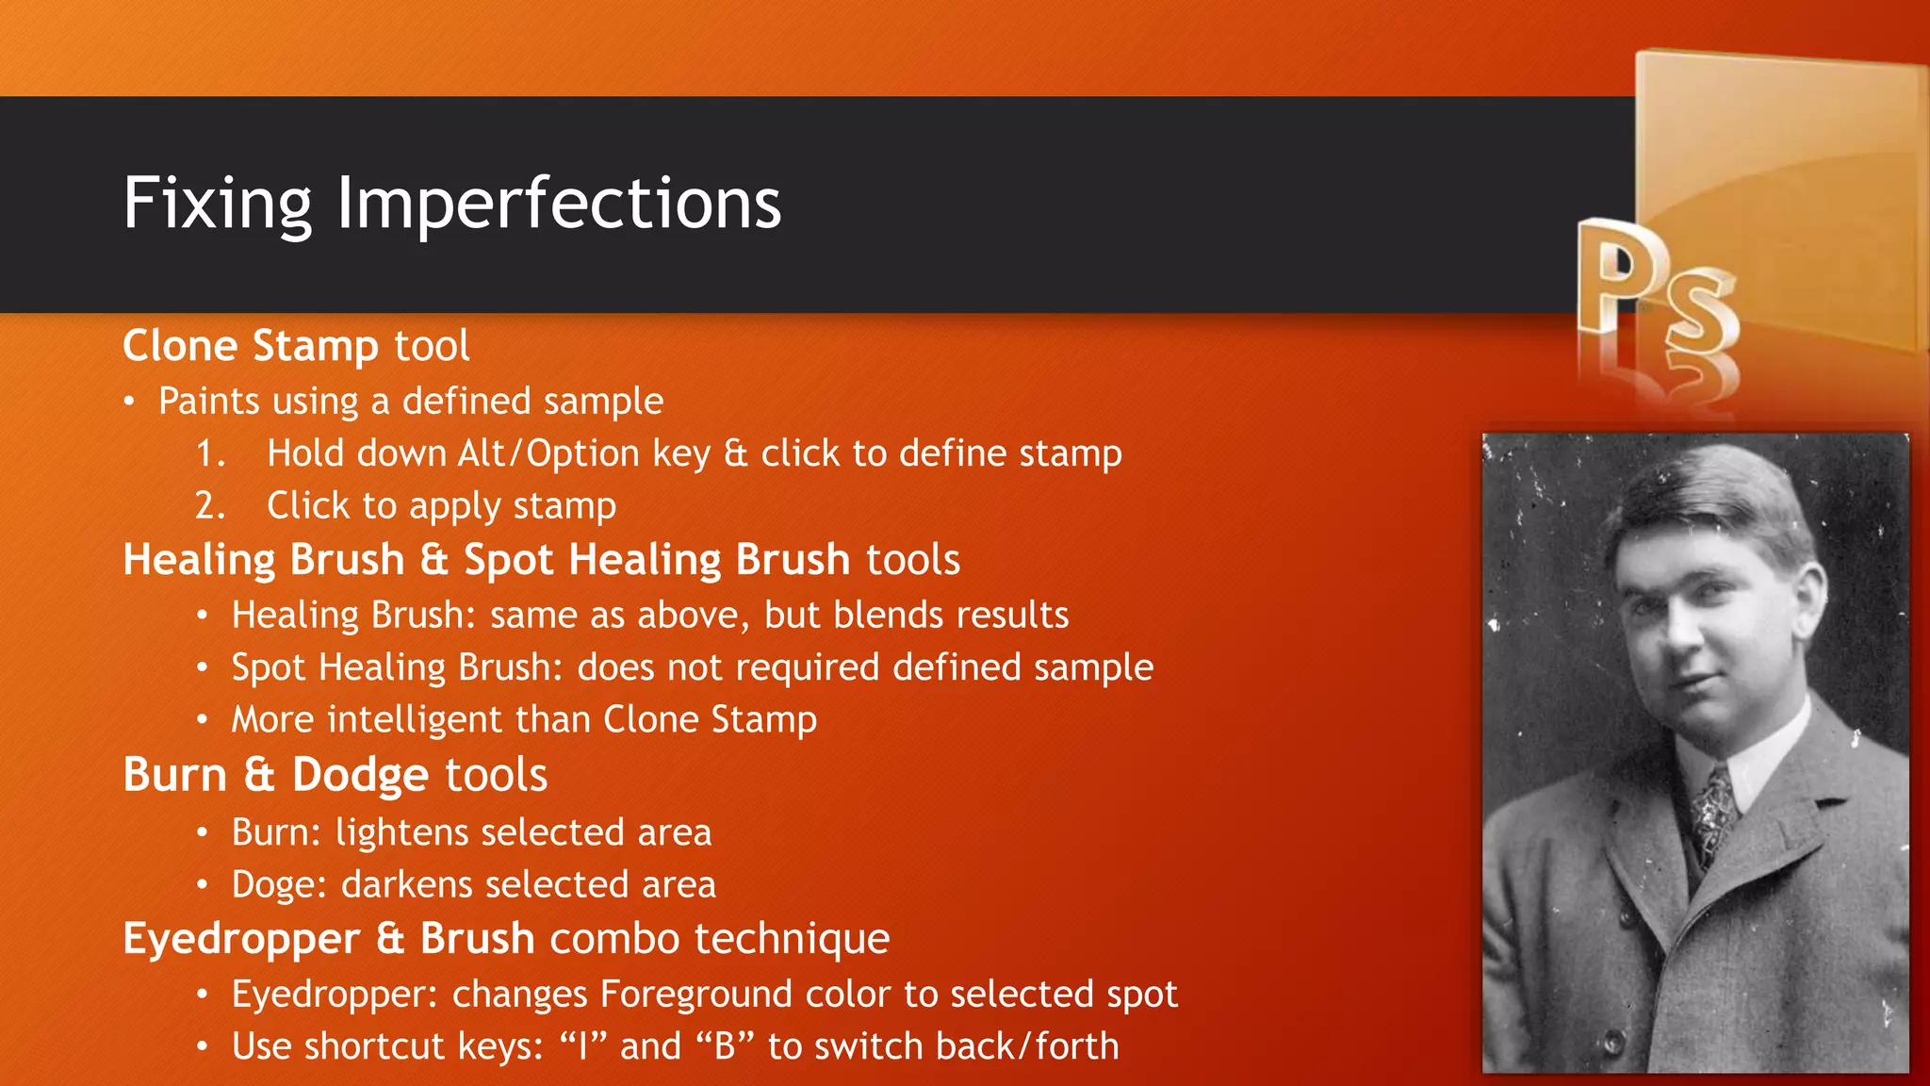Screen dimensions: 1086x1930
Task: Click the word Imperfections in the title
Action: click(558, 204)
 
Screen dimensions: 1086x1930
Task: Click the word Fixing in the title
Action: click(217, 204)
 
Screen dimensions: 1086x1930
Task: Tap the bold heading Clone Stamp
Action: click(250, 346)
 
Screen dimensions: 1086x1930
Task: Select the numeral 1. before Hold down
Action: click(210, 454)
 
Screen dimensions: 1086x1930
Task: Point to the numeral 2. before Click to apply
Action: click(210, 506)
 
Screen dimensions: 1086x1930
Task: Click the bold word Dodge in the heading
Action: click(360, 775)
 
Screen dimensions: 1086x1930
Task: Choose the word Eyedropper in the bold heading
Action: click(241, 939)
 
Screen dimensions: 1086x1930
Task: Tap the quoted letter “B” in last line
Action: click(725, 1046)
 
